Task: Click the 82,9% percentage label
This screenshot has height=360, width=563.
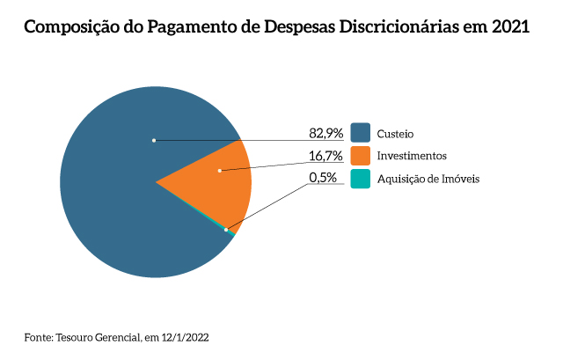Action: point(325,134)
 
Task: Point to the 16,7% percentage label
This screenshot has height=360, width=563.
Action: point(325,156)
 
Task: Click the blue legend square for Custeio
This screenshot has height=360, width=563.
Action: point(360,133)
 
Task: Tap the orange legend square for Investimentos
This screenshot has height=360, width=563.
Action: point(360,156)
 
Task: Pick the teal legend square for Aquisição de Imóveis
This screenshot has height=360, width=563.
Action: point(360,179)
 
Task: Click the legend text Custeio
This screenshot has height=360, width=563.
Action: point(395,134)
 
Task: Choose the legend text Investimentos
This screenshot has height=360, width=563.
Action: point(412,156)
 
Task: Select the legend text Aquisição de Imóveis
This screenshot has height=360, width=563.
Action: point(429,179)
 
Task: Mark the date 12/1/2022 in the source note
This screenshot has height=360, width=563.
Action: point(184,337)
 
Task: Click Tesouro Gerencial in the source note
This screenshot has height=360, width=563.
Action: point(96,337)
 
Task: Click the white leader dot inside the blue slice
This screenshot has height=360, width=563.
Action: point(154,140)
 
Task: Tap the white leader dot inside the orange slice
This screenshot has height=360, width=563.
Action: point(220,170)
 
